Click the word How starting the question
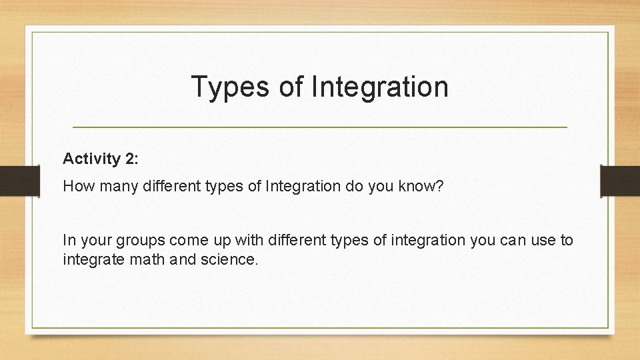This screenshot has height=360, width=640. pyautogui.click(x=76, y=186)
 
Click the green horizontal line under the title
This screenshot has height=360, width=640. pyautogui.click(x=319, y=127)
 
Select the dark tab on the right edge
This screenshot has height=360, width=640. pyautogui.click(x=620, y=181)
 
